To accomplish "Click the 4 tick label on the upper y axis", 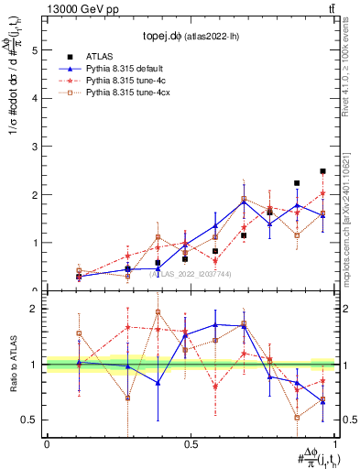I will pos(36,99).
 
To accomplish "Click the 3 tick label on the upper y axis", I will pos(36,147).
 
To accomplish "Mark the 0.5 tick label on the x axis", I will pos(190,443).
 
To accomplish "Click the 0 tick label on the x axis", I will pos(47,443).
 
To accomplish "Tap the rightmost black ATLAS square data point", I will pos(322,171).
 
